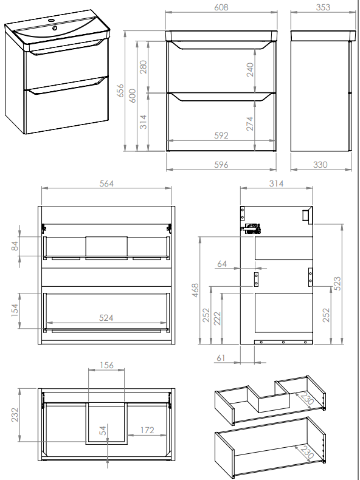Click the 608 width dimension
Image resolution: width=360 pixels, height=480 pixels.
coord(221,7)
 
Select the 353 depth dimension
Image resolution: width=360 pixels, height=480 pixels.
coord(323,7)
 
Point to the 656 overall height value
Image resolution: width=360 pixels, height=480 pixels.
coord(121,91)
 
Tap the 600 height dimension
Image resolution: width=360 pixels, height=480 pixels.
coord(132,95)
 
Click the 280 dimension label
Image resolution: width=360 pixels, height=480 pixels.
coord(143,67)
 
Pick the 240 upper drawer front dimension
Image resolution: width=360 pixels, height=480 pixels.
coord(250,69)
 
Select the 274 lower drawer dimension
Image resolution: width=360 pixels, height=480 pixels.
coord(250,123)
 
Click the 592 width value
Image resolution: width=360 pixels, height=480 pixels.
coord(221,135)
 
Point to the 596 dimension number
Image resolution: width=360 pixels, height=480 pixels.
coord(221,165)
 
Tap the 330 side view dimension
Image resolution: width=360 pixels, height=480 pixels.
coord(320,165)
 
